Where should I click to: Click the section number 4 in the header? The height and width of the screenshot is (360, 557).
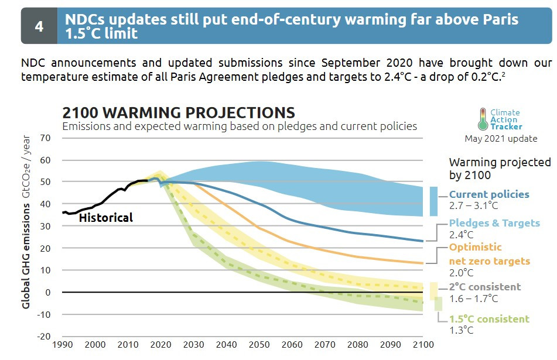point(39,26)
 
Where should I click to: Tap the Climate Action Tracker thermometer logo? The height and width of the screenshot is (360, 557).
point(483,119)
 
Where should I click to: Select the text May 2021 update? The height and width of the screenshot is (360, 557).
point(501,139)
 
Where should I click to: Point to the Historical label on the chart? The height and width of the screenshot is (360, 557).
point(106,218)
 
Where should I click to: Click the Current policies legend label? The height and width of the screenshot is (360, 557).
point(488,194)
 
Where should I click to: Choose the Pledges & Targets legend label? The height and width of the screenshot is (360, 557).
point(494,223)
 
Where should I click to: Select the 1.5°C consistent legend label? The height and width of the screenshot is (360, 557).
point(489,319)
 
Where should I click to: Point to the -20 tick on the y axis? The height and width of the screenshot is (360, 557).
point(44,337)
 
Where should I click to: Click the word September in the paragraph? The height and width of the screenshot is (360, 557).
point(350,63)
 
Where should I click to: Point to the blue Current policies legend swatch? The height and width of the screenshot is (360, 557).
point(433,201)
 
